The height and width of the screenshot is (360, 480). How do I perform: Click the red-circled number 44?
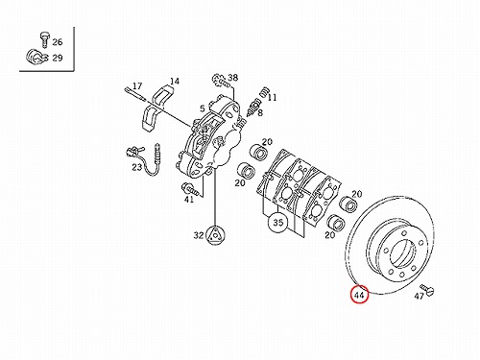[359, 295]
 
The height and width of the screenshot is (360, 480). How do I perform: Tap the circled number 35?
[278, 222]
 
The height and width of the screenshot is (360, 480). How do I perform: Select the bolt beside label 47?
[427, 289]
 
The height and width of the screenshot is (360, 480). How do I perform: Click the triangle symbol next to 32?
[215, 235]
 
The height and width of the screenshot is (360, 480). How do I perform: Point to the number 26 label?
[58, 42]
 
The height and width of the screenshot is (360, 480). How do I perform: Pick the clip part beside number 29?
[36, 58]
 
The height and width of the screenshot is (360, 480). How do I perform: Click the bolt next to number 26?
[44, 39]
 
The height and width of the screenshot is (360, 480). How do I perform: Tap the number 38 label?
[233, 77]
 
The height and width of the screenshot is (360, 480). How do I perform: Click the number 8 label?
[260, 112]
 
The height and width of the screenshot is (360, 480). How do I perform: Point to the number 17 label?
[137, 85]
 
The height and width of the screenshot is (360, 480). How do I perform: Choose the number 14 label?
[175, 81]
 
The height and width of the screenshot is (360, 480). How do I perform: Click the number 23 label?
[137, 167]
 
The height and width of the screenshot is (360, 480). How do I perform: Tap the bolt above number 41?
[192, 189]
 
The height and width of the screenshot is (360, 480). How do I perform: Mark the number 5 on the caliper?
[203, 108]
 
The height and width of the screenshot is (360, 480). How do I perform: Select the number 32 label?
[199, 235]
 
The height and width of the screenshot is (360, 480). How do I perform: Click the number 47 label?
[420, 297]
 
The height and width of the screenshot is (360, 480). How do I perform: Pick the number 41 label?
[189, 200]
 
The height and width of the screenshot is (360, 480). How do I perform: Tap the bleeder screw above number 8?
[254, 108]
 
